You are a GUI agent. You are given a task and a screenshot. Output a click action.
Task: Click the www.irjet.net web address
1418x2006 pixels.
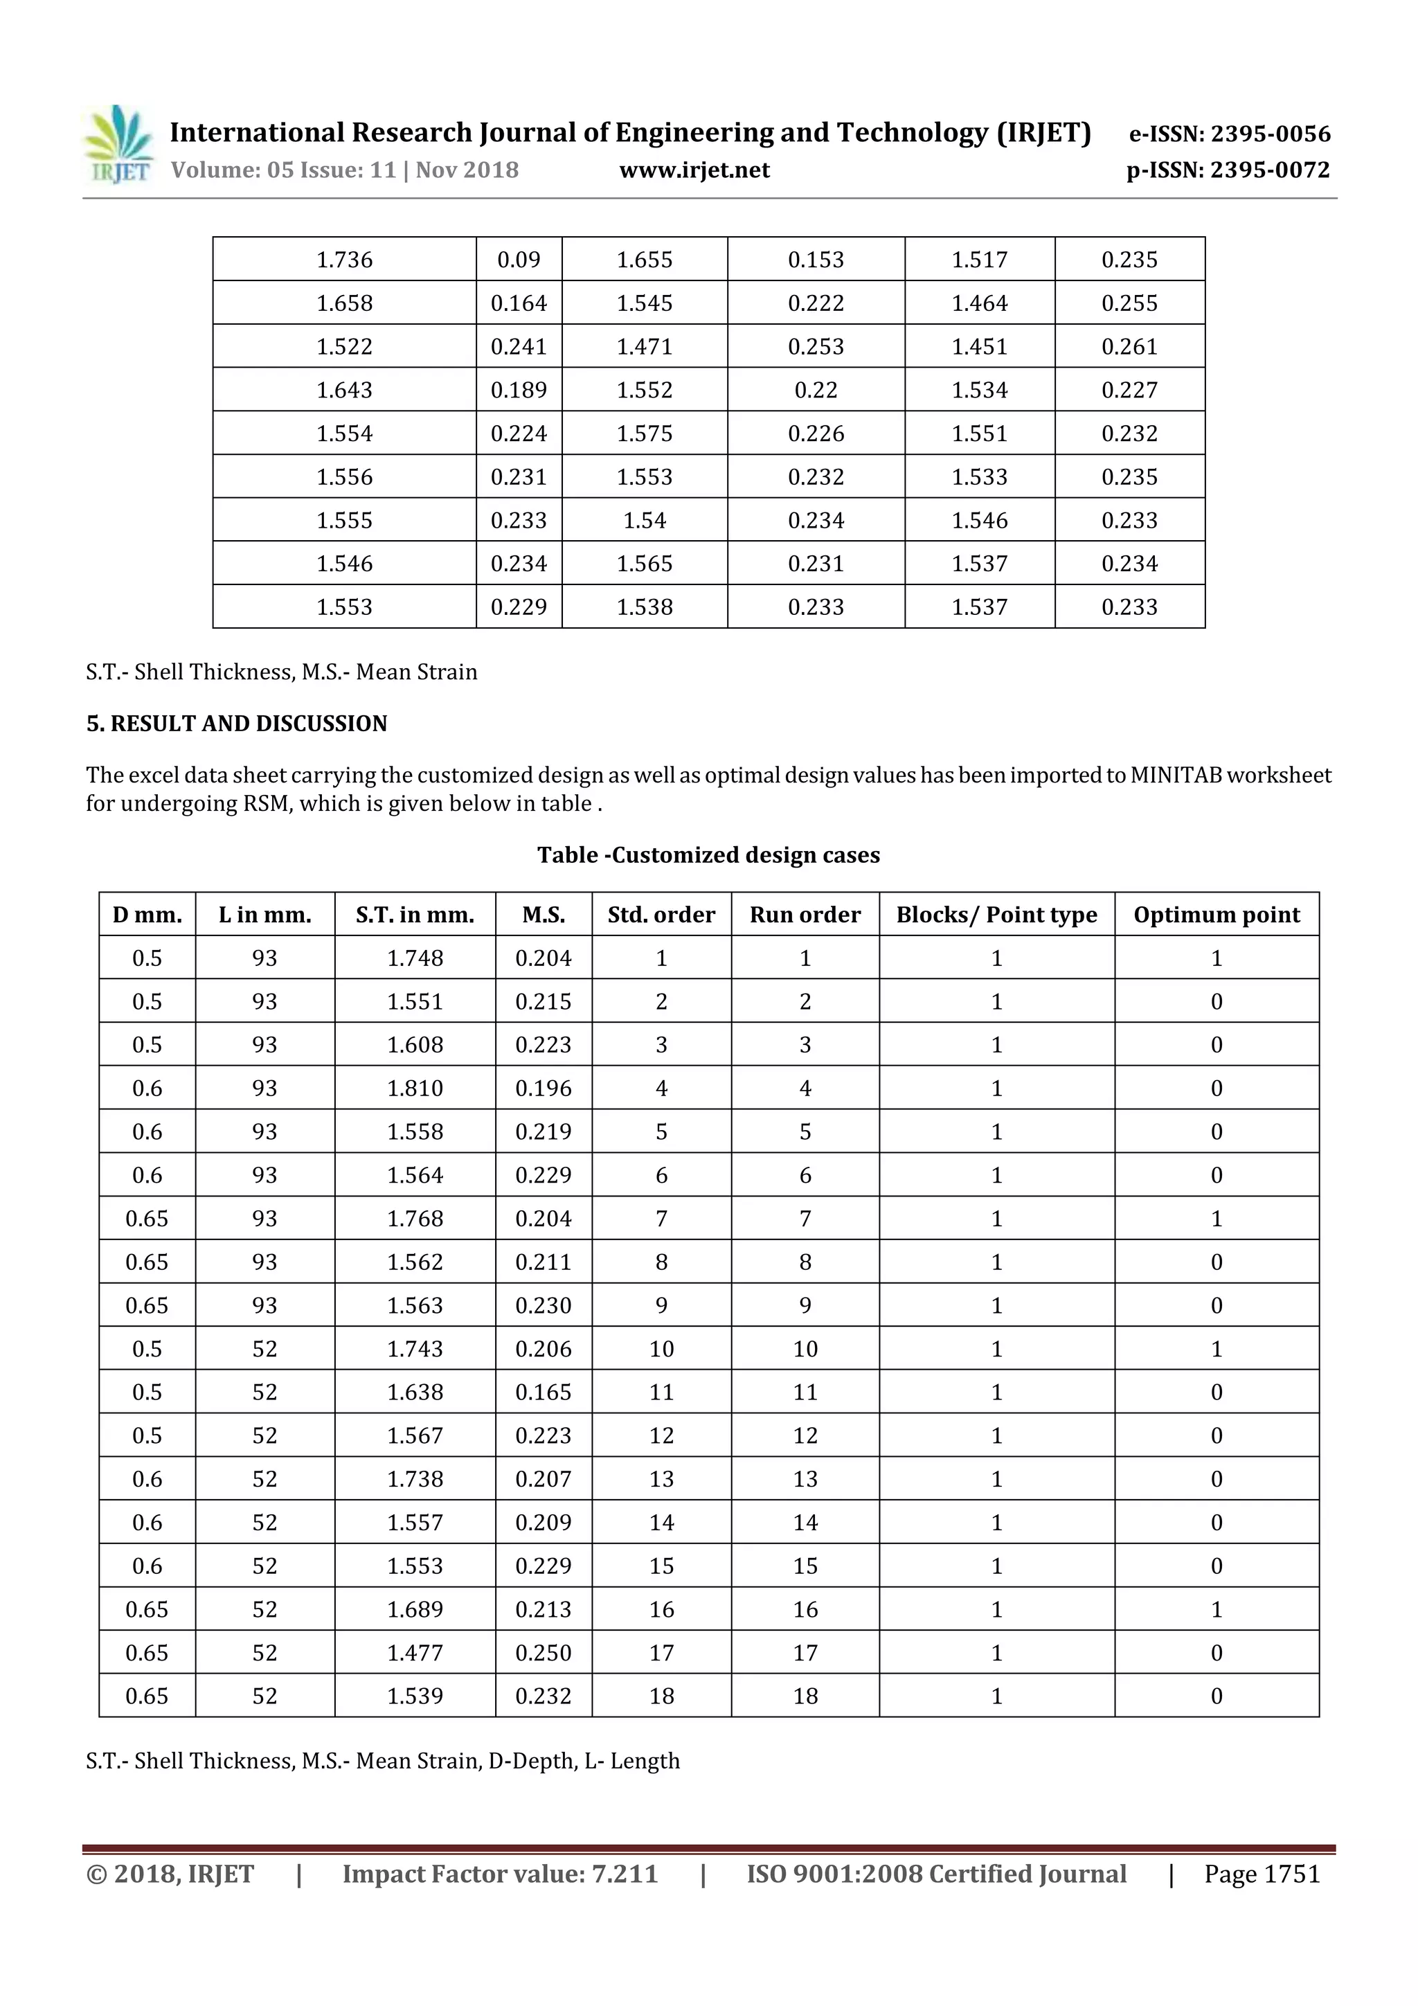694,170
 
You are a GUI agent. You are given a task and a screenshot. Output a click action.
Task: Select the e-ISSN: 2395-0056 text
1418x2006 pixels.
1228,134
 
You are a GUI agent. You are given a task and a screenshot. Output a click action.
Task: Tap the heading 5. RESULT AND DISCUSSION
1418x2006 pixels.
236,724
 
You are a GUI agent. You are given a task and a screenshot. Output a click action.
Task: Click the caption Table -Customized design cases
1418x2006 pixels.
708,854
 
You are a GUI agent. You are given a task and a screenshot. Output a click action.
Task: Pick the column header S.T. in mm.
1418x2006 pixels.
415,915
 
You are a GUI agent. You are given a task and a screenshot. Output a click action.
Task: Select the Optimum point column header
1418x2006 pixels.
1217,915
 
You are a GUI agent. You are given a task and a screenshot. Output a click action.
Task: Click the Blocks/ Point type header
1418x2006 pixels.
996,915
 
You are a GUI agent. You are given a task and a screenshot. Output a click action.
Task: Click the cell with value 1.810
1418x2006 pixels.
415,1088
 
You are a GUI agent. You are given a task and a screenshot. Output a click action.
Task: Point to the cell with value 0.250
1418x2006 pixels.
543,1652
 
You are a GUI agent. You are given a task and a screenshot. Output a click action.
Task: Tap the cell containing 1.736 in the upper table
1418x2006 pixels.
344,260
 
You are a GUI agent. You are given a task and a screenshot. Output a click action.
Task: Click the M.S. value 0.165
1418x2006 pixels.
543,1392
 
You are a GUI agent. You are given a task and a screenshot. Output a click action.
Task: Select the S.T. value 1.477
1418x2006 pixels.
415,1652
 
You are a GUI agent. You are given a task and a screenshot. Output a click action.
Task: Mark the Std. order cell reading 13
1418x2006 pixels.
661,1478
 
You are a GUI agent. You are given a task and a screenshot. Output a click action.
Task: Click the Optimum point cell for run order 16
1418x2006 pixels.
1217,1609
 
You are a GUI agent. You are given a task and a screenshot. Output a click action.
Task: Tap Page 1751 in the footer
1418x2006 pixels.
1261,1873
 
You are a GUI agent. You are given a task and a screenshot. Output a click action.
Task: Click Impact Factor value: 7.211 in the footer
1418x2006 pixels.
500,1873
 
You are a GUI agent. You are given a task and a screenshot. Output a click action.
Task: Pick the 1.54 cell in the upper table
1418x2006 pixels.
644,520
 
